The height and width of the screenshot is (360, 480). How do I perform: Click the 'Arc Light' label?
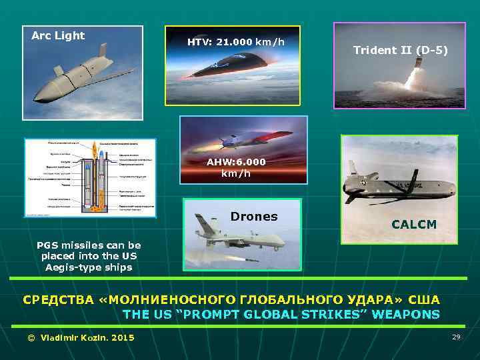tap(59, 36)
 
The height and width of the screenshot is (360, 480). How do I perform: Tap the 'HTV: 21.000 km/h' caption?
tap(235, 42)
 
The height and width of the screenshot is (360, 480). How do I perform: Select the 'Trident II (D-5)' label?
tap(400, 51)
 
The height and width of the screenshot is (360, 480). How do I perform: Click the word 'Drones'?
tap(253, 217)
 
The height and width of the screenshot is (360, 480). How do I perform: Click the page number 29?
tap(456, 337)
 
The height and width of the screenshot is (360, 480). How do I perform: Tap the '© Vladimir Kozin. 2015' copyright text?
tap(80, 338)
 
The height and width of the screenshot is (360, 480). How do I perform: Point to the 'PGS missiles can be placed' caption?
tap(89, 250)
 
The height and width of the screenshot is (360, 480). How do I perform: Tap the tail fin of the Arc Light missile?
tap(101, 51)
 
